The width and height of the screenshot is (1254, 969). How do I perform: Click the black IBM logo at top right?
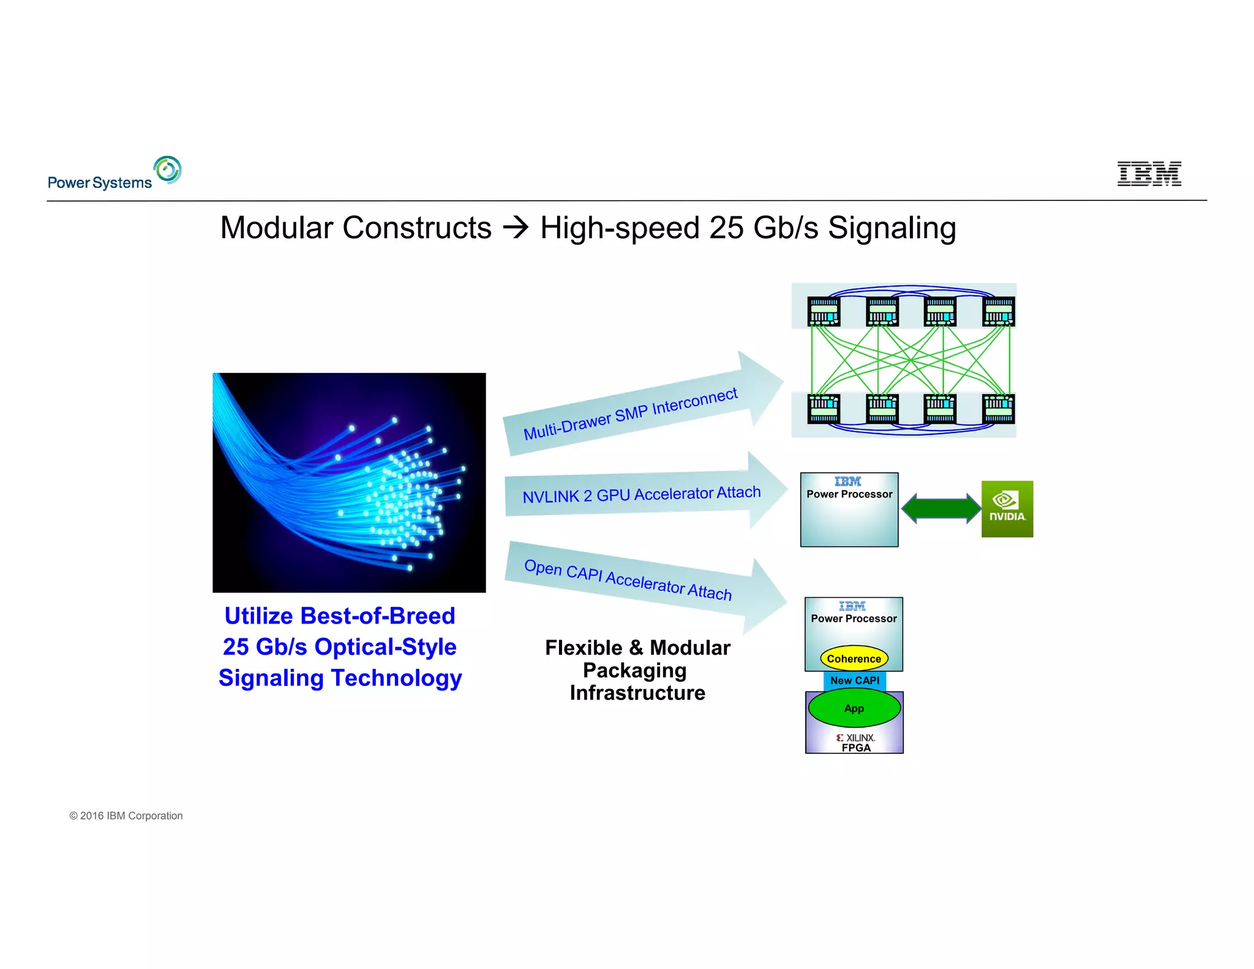(1149, 173)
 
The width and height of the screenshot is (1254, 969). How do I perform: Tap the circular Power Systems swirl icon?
(167, 170)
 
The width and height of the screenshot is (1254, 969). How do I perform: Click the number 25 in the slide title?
(726, 228)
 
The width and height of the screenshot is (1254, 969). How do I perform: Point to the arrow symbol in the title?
(516, 228)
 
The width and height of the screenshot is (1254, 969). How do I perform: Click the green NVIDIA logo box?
(1007, 508)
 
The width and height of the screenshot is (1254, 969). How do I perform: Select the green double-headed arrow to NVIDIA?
(941, 508)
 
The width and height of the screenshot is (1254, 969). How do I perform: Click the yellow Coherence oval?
(854, 658)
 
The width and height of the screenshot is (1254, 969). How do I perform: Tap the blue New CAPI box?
(854, 681)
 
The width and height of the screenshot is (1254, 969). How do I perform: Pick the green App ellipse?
(854, 708)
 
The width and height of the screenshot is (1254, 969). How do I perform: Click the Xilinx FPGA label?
(855, 742)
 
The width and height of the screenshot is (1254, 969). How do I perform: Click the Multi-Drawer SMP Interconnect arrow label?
(630, 413)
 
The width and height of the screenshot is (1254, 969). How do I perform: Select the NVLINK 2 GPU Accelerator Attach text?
(641, 494)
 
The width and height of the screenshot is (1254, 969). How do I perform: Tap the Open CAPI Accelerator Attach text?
(628, 579)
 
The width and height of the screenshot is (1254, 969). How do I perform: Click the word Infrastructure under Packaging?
(637, 693)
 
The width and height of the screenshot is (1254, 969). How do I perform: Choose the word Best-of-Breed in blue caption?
(378, 616)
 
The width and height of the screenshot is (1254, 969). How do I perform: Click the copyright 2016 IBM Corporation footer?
(126, 816)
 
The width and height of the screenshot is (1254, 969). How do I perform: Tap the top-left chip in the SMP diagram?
(824, 311)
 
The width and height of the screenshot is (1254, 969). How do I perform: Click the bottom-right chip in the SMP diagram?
(998, 409)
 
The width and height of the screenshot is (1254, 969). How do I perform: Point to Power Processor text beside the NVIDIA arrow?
(849, 494)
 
